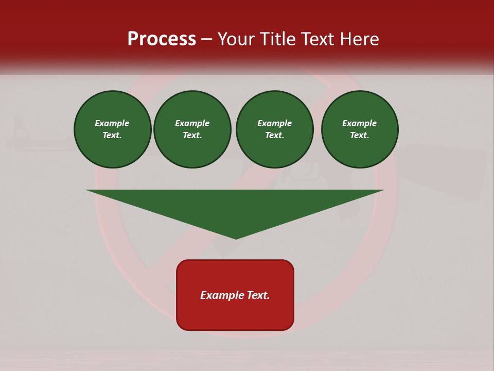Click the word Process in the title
point(162,39)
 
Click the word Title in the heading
point(275,39)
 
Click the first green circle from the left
point(113,129)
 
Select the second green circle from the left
point(192,129)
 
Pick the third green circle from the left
point(275,129)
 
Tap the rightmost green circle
point(360,129)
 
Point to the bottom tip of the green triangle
point(236,238)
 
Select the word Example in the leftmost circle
point(112,123)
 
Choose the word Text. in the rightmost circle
point(360,136)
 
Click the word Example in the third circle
point(275,123)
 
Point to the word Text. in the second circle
point(192,136)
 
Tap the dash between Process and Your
point(207,39)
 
